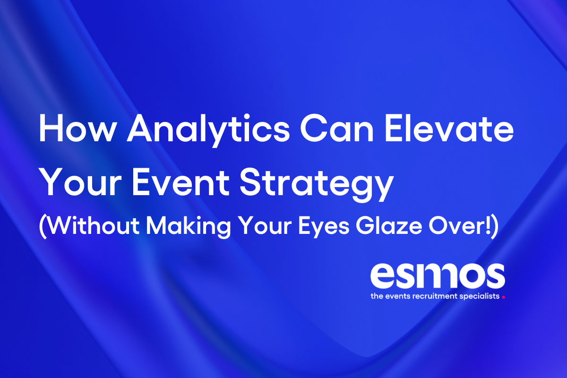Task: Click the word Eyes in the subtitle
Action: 326,228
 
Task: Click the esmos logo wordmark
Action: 437,277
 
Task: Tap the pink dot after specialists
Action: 504,298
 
